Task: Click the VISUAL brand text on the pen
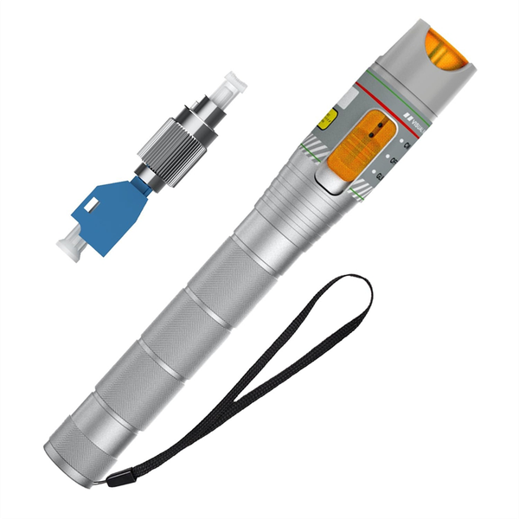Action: pyautogui.click(x=416, y=125)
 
